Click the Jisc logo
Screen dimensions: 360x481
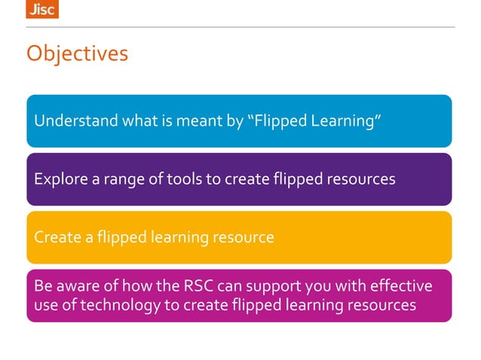point(41,9)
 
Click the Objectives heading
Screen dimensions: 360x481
point(77,54)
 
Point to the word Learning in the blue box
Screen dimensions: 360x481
point(342,121)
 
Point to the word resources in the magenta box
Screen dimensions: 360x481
point(382,305)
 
